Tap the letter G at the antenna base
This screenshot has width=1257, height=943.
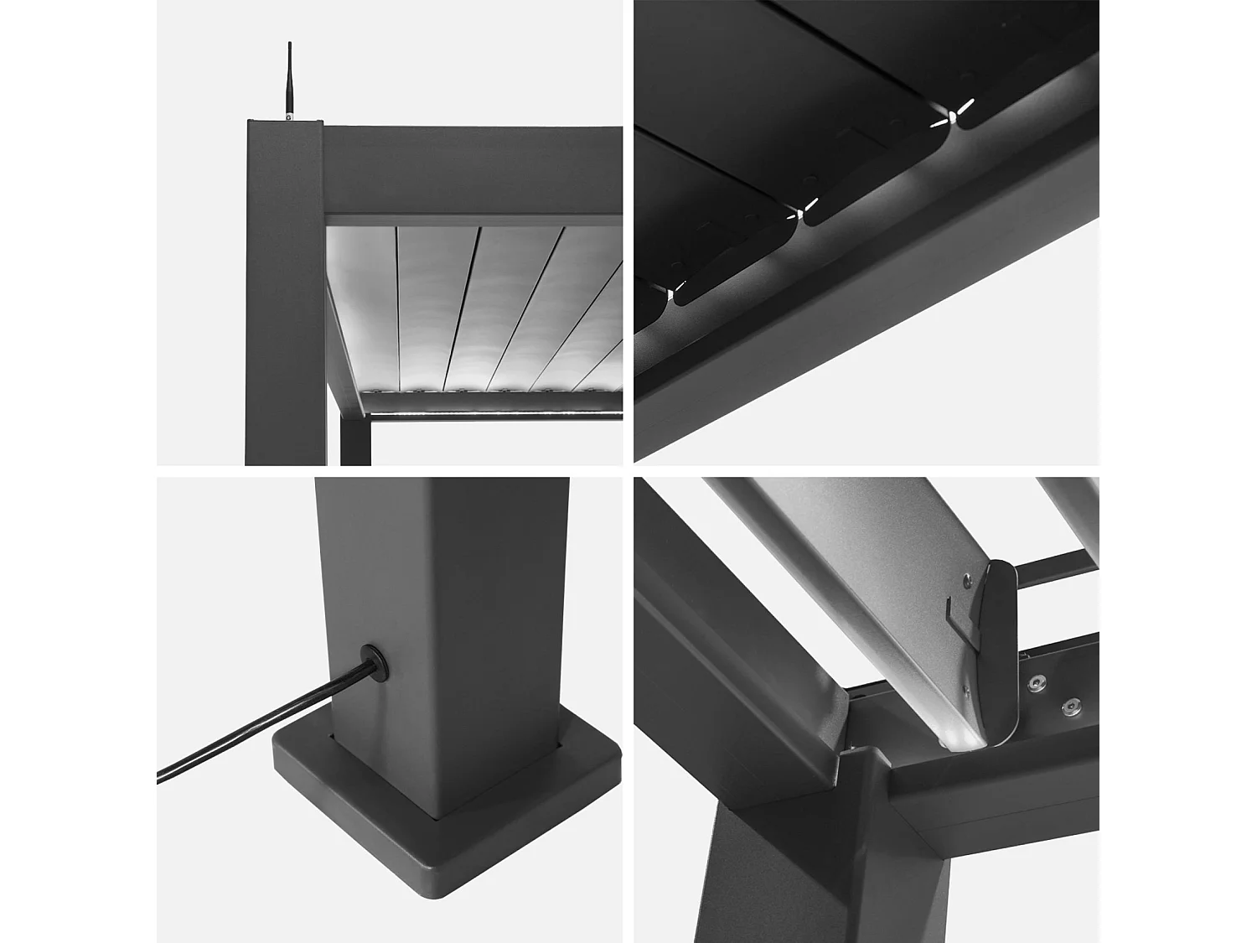coord(289,117)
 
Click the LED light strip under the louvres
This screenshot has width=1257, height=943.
coord(494,412)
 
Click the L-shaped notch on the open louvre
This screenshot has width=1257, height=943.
coord(955,616)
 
